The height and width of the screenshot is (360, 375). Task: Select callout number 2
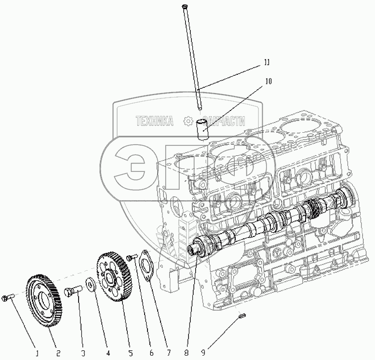[x=58, y=353]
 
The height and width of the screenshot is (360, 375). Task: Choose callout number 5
[x=131, y=353]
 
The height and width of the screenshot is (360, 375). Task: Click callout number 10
[x=268, y=82]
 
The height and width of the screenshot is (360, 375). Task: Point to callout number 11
[x=266, y=62]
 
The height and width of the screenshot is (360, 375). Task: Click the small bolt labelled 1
[x=7, y=298]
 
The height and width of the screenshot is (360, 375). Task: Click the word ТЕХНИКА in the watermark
[x=154, y=122]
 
